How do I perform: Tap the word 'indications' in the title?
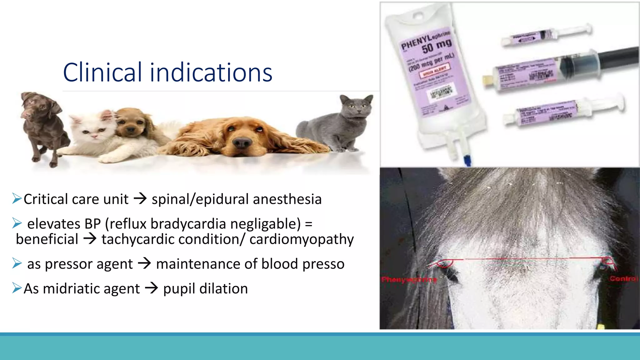(211, 72)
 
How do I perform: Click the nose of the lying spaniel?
(242, 143)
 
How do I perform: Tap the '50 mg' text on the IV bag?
(437, 47)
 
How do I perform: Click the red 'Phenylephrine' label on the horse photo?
(409, 279)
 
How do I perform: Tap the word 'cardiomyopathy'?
(302, 239)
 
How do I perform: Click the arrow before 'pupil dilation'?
(152, 288)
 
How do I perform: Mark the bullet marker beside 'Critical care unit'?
(17, 198)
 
